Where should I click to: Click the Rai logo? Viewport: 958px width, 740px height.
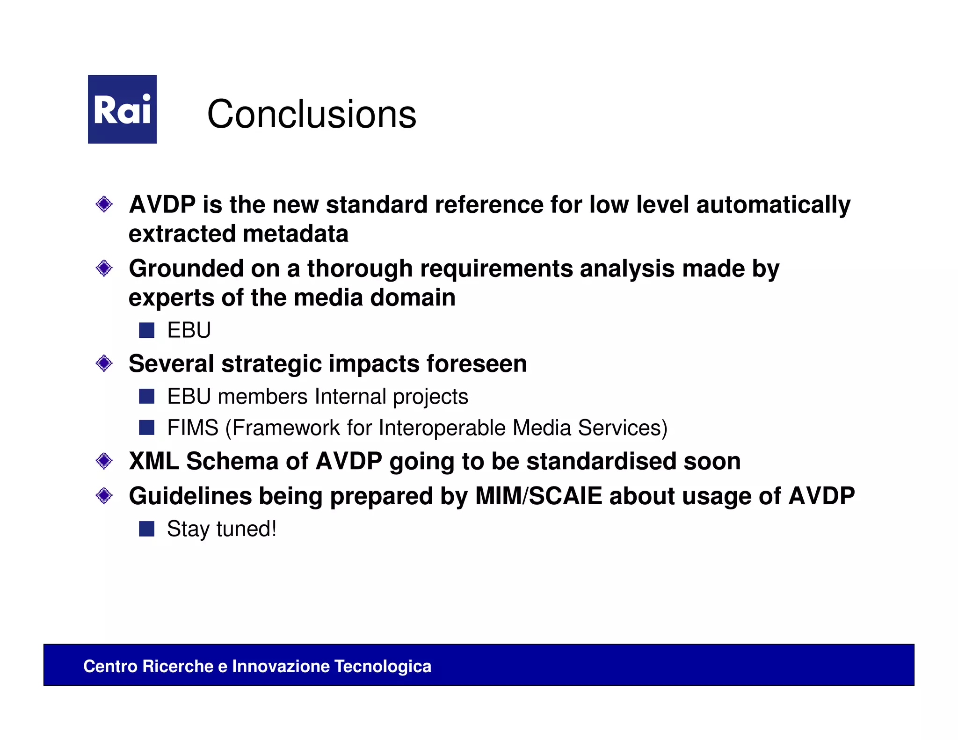click(x=122, y=109)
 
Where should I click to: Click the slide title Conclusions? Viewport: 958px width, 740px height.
click(x=312, y=114)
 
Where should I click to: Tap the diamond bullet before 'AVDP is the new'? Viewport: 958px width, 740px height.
click(x=104, y=204)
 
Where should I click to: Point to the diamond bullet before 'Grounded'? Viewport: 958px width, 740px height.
click(x=104, y=268)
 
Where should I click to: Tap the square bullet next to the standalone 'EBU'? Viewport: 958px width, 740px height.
click(x=147, y=330)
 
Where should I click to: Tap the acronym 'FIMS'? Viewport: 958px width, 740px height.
click(x=193, y=428)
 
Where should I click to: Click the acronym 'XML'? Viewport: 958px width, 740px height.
click(x=154, y=461)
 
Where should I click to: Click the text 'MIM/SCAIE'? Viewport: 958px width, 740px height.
click(x=539, y=496)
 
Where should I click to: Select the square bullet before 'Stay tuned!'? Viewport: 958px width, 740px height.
click(x=147, y=529)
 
